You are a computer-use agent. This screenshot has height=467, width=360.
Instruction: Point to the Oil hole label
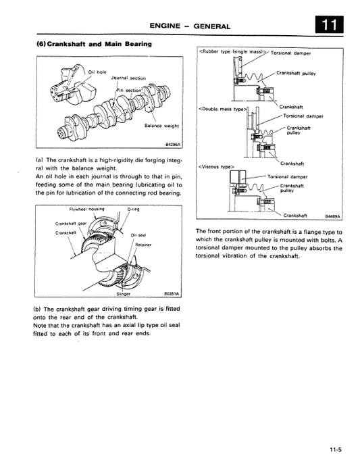[97, 71]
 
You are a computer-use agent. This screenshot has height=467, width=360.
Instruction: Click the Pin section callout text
[129, 90]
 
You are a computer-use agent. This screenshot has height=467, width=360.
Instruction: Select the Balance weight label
[162, 126]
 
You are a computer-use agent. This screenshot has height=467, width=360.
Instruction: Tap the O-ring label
[133, 209]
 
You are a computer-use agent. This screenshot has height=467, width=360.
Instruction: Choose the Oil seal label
[138, 235]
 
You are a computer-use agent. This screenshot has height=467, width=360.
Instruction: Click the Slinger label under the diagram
[124, 294]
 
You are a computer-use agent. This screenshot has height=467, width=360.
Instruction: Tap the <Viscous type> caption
[212, 166]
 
